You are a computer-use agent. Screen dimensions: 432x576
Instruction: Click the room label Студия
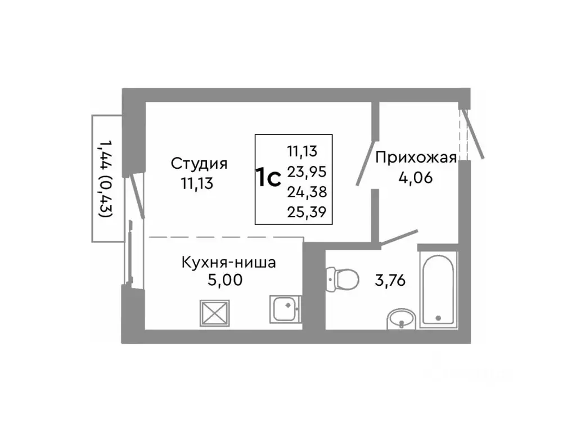pyautogui.click(x=199, y=164)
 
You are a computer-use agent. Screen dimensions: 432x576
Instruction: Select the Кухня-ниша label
pyautogui.click(x=228, y=262)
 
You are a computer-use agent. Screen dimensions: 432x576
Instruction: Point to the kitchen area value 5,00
pyautogui.click(x=225, y=280)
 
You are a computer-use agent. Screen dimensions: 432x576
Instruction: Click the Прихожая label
pyautogui.click(x=415, y=157)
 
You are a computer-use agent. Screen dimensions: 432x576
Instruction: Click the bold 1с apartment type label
pyautogui.click(x=269, y=178)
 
